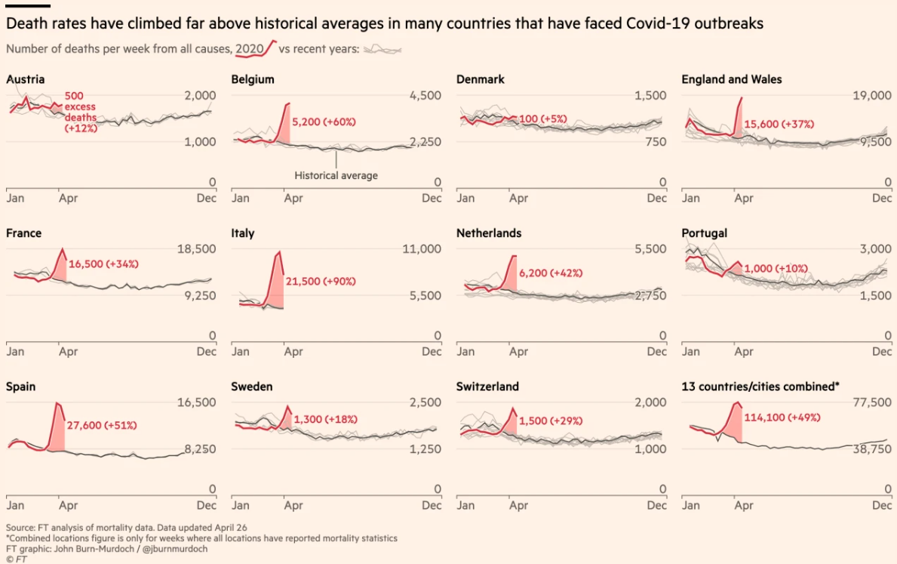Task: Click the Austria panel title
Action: pyautogui.click(x=25, y=79)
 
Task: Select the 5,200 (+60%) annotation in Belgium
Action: pyautogui.click(x=324, y=122)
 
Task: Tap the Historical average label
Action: pyautogui.click(x=336, y=175)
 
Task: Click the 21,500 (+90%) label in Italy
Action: pyautogui.click(x=321, y=281)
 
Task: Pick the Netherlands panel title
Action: pyautogui.click(x=489, y=233)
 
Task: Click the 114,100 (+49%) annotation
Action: pyautogui.click(x=782, y=417)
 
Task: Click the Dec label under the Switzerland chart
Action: pyautogui.click(x=657, y=505)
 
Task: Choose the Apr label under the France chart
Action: pyautogui.click(x=68, y=352)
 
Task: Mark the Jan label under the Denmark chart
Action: pyautogui.click(x=465, y=199)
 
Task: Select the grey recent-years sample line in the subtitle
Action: pyautogui.click(x=382, y=50)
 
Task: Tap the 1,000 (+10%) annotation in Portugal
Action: pyautogui.click(x=776, y=268)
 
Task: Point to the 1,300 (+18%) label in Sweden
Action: pyautogui.click(x=325, y=419)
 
